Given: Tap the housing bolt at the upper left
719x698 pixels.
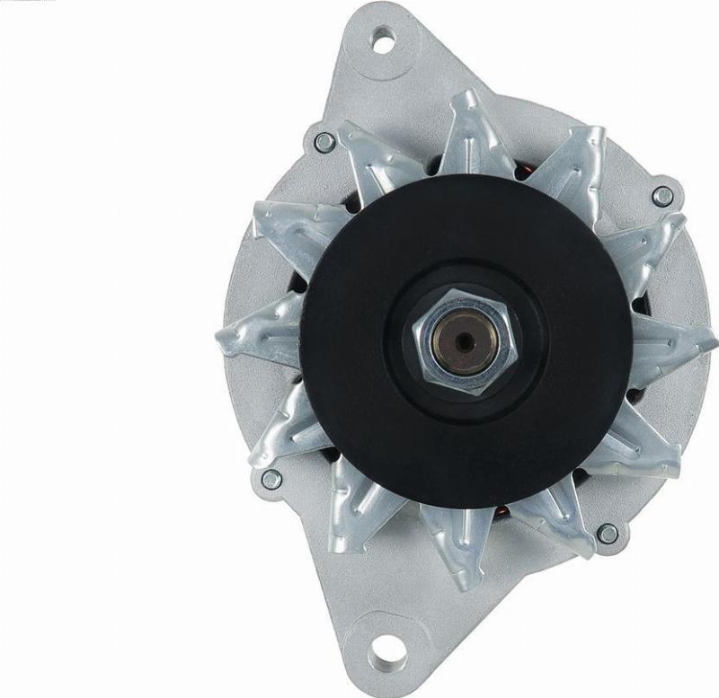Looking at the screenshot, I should (x=324, y=142).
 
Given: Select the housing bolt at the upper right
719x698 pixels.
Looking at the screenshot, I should (x=662, y=196).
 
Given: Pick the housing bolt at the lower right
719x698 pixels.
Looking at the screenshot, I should (x=608, y=534).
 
